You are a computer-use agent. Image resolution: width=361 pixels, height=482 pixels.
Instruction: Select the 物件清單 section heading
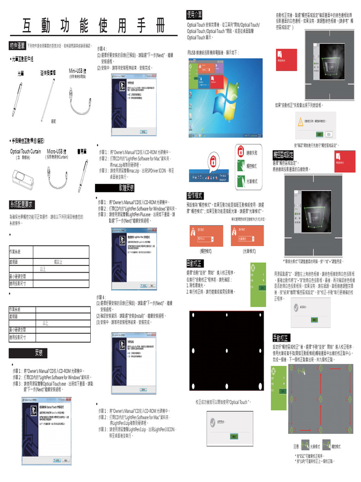coord(17,45)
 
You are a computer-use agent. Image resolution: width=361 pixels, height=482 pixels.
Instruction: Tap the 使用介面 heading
coord(194,15)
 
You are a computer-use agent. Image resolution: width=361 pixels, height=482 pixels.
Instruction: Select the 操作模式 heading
coord(195,195)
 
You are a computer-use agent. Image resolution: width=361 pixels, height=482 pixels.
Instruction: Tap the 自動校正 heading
coord(195,263)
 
